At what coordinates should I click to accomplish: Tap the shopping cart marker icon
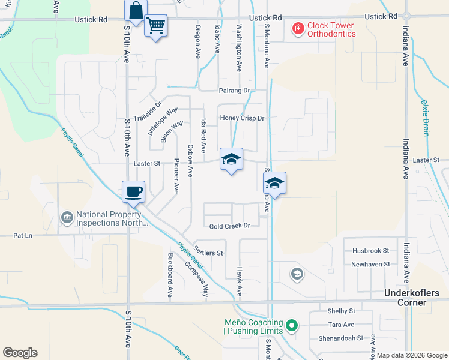[155, 26]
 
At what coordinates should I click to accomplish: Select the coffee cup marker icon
[133, 192]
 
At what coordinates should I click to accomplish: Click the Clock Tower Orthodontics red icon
[297, 28]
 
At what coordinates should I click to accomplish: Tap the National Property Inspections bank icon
[67, 217]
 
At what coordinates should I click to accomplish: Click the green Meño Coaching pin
[291, 326]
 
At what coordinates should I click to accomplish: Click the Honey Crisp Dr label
[243, 118]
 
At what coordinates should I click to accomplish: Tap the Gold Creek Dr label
[229, 226]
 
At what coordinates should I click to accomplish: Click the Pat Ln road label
[23, 236]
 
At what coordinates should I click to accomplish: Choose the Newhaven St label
[370, 264]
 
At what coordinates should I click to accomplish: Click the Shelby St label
[342, 311]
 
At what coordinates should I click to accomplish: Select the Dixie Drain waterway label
[426, 118]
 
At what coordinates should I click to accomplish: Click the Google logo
[20, 352]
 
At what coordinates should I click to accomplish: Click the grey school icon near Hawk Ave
[296, 274]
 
